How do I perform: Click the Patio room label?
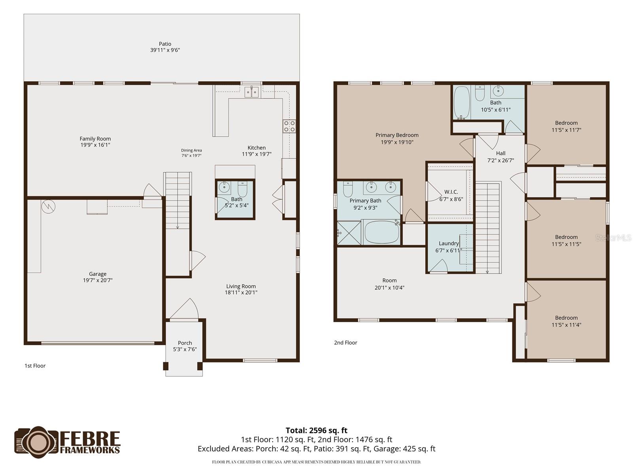[165, 44]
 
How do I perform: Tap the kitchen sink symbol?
[252, 92]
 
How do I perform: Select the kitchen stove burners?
[289, 126]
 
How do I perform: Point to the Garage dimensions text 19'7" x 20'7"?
[98, 280]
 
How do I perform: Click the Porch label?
[185, 343]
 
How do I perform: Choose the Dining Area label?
[191, 150]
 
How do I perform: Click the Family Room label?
[95, 139]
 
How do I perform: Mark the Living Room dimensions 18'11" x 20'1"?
[241, 293]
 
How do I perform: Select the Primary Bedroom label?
[397, 135]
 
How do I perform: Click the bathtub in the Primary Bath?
[381, 232]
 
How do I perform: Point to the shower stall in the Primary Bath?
[349, 233]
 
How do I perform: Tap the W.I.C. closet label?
[451, 192]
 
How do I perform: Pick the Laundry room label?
[449, 243]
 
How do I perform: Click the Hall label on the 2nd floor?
[500, 153]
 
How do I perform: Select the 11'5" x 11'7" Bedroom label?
[567, 126]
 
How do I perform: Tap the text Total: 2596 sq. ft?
[316, 430]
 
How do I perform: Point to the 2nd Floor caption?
[345, 343]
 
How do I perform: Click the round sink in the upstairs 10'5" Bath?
[498, 91]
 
